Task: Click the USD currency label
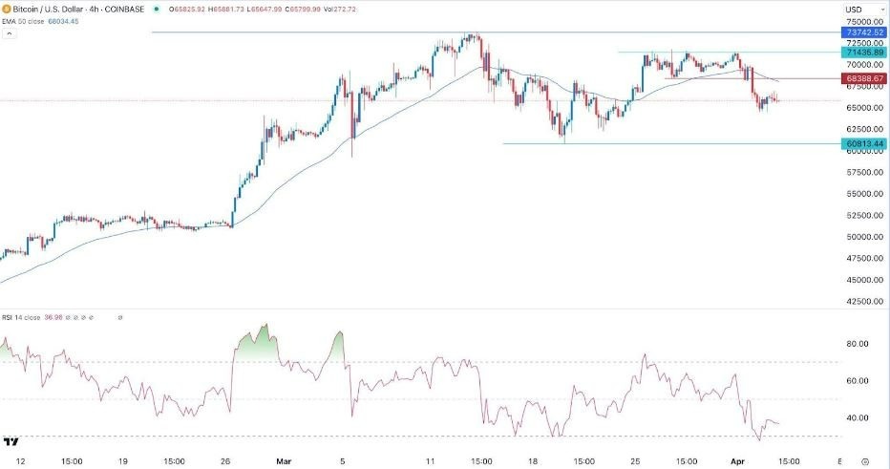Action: (854, 10)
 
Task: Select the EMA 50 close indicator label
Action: (27, 20)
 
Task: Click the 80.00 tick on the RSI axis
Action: (857, 344)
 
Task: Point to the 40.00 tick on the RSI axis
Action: (857, 417)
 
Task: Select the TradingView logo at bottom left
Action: (11, 442)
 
